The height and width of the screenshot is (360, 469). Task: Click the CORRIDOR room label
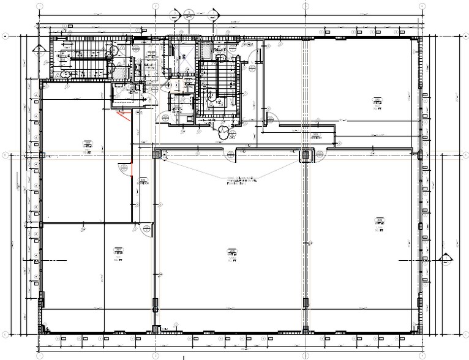[317, 137]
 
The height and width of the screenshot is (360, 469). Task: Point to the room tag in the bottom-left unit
[116, 252]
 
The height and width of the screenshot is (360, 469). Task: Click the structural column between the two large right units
[304, 156]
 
